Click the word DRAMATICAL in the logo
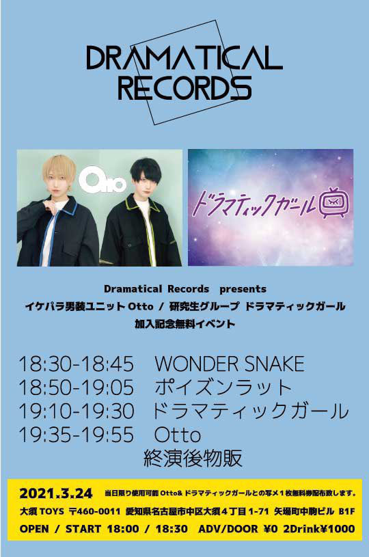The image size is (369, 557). (x=184, y=57)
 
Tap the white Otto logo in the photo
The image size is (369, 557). (x=102, y=180)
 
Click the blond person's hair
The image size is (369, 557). (x=59, y=169)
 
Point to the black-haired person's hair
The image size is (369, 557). (x=146, y=173)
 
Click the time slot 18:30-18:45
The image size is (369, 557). (x=76, y=364)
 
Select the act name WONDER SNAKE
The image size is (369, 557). (x=230, y=364)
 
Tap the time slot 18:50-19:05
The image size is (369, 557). (x=76, y=388)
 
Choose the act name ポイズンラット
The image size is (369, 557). (x=223, y=388)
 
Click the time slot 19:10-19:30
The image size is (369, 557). (x=76, y=411)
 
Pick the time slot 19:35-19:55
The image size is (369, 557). (x=76, y=435)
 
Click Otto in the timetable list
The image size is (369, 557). (x=178, y=435)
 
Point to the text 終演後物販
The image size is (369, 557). (x=193, y=459)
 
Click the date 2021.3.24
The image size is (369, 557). (x=56, y=493)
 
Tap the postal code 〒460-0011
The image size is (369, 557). (x=94, y=511)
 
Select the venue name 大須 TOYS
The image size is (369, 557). (x=42, y=511)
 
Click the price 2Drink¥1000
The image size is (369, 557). (x=319, y=529)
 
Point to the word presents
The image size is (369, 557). (x=243, y=289)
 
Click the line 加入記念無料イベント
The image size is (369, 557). (x=184, y=324)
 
